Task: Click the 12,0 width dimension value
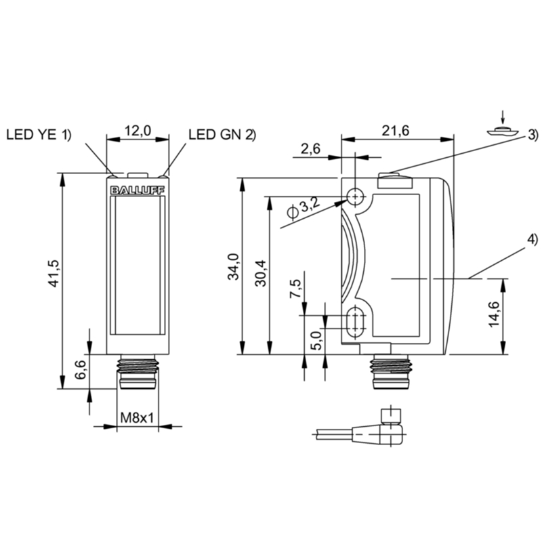pos(138,130)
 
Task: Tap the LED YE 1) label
pos(39,135)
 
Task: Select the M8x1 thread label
pos(138,419)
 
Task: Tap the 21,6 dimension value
pos(396,131)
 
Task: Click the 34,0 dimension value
pos(232,266)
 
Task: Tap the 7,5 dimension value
pos(295,289)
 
